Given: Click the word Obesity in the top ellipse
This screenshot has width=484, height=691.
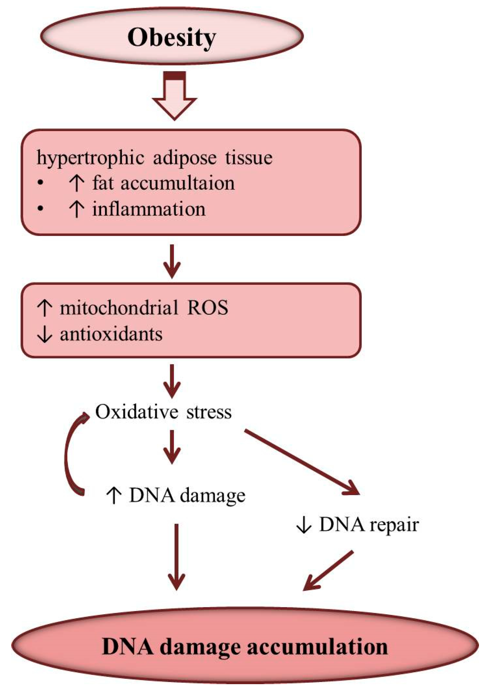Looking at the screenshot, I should click(x=172, y=37).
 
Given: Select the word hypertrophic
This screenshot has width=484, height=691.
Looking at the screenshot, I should click(x=90, y=158).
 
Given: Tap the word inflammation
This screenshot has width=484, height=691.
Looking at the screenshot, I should click(x=149, y=209).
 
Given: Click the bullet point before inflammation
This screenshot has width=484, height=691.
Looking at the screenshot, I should click(x=40, y=208).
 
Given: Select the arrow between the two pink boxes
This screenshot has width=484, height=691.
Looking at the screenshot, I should click(x=172, y=261).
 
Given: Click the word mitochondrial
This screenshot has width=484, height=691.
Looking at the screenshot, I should click(x=119, y=308).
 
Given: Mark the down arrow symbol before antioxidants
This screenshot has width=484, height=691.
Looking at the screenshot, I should click(x=45, y=334).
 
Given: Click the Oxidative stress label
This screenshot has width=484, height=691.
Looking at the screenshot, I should click(x=163, y=412).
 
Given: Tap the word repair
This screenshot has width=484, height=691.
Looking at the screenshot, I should click(x=394, y=525).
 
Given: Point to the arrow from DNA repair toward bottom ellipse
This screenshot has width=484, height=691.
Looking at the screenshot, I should click(x=327, y=571).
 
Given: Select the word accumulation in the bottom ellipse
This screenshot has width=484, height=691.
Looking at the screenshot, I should click(x=317, y=647).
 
